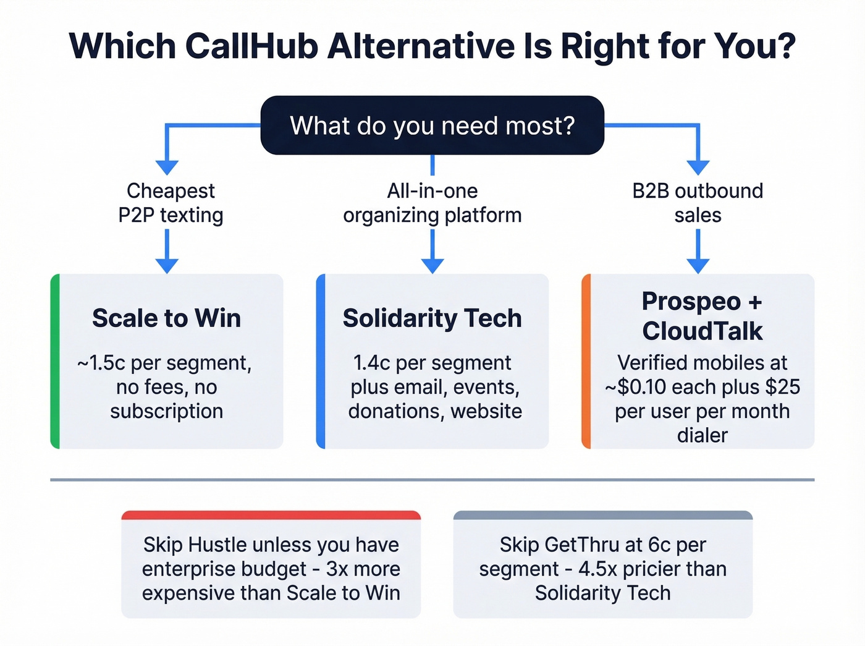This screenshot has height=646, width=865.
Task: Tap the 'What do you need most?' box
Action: coord(432,125)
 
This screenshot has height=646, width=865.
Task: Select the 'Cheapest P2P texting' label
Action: coord(171,203)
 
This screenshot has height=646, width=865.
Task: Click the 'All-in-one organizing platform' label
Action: coord(432,203)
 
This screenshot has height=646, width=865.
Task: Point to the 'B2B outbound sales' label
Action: coord(698,203)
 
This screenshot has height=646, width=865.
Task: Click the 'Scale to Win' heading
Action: coord(166,318)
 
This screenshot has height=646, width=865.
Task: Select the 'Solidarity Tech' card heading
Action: coord(432,318)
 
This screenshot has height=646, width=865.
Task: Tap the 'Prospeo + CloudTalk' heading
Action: coord(702,316)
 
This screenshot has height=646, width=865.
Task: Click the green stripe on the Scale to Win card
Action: coord(55,362)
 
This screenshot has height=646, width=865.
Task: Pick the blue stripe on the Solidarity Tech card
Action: coord(321,362)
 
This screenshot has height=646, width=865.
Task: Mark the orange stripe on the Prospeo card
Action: coord(586,362)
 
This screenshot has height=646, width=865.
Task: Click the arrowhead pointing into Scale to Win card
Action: coord(167,266)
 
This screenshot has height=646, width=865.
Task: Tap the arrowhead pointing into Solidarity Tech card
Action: coord(432,266)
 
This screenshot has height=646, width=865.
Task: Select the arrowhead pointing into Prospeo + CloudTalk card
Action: coord(698,266)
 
